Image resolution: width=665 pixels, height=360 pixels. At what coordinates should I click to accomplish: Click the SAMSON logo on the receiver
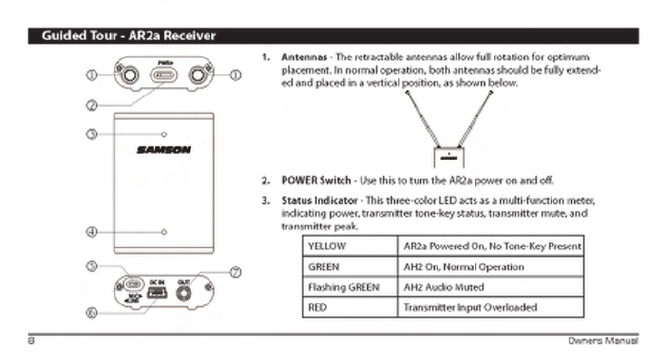click(x=163, y=150)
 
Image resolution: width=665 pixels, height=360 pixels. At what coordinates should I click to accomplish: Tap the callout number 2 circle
click(x=91, y=105)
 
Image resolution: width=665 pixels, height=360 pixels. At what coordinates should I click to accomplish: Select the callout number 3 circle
click(x=91, y=135)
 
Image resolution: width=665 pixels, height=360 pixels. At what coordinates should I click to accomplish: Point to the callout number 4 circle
click(x=91, y=231)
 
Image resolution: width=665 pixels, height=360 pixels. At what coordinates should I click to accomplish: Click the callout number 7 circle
click(x=236, y=272)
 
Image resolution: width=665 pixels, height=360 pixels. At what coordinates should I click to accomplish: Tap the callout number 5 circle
click(x=91, y=266)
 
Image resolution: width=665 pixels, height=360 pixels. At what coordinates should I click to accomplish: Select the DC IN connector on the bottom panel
click(x=157, y=292)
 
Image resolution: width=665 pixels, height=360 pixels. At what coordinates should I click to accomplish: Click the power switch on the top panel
click(x=163, y=75)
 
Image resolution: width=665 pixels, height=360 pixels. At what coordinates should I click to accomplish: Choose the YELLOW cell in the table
click(x=351, y=247)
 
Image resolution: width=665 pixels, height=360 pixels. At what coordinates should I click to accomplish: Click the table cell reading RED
click(x=351, y=307)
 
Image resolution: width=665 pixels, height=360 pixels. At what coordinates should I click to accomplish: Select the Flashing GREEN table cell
click(x=351, y=287)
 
